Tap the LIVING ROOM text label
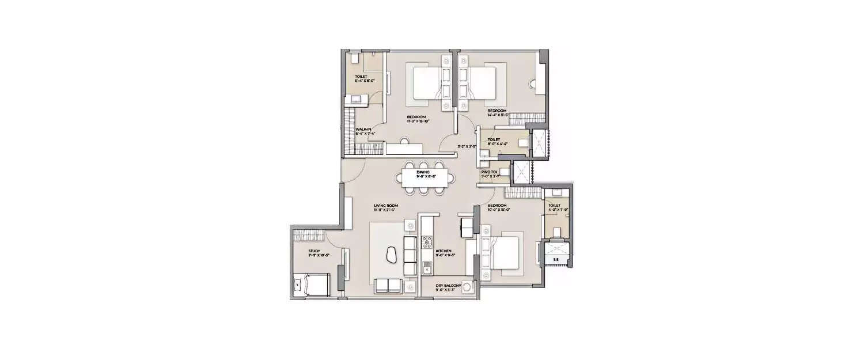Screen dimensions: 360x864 point(386,205)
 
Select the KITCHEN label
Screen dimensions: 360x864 point(443,251)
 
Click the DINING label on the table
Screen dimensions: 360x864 point(427,172)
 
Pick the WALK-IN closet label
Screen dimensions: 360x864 point(363,129)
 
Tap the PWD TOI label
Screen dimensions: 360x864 point(490,172)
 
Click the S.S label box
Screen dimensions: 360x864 point(555,260)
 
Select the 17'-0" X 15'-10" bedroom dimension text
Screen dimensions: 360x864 point(419,121)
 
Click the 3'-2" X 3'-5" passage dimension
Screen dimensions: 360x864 point(466,146)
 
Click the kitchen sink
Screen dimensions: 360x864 point(426,267)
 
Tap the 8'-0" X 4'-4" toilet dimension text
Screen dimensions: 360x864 point(498,143)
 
